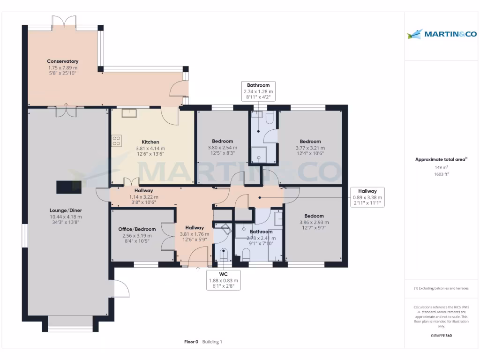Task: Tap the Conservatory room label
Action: pos(62,61)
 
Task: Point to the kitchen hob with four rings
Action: pos(117,141)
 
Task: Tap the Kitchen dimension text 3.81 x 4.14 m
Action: pos(150,148)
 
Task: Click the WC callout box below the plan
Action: pos(223,280)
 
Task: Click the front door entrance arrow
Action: pos(197,269)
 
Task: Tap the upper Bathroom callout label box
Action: pos(258,91)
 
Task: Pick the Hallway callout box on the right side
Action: pos(367,197)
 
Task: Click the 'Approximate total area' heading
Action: pos(440,159)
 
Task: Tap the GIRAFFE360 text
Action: pos(441,336)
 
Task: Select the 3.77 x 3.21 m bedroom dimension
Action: pos(310,148)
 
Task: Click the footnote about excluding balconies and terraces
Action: pos(441,288)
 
